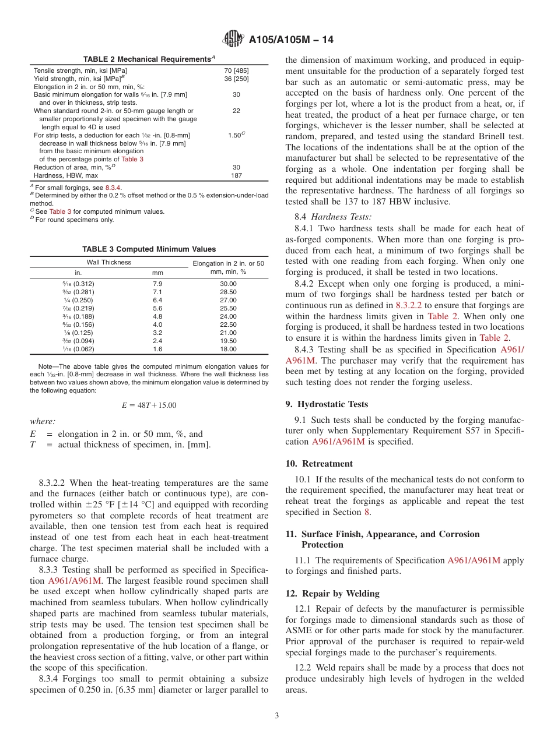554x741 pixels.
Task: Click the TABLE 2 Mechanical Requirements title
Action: click(x=146, y=59)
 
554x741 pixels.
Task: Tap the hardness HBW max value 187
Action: click(x=236, y=175)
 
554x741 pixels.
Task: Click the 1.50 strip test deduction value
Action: click(x=236, y=135)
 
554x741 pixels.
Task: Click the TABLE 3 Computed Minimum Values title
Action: click(x=149, y=249)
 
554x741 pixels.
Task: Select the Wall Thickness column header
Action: click(x=109, y=262)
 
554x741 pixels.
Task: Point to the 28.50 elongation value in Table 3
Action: click(x=228, y=292)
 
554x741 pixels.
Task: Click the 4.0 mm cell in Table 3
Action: click(x=157, y=324)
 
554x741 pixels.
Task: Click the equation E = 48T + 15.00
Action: click(x=149, y=405)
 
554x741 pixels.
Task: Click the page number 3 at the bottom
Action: click(x=277, y=715)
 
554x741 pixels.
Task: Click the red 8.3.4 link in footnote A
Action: click(x=113, y=188)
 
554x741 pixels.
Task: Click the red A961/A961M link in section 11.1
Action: click(x=474, y=560)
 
